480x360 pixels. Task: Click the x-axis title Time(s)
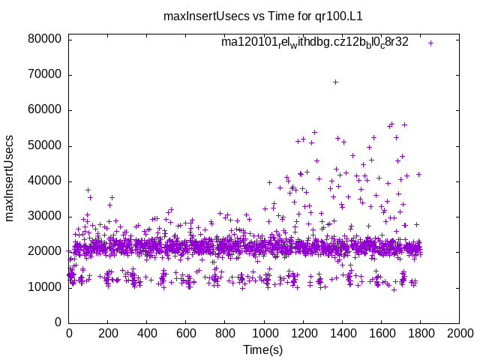tap(263, 350)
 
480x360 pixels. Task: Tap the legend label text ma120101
tap(314, 42)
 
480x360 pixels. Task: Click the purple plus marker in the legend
tap(430, 43)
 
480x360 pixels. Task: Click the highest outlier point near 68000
tap(335, 82)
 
